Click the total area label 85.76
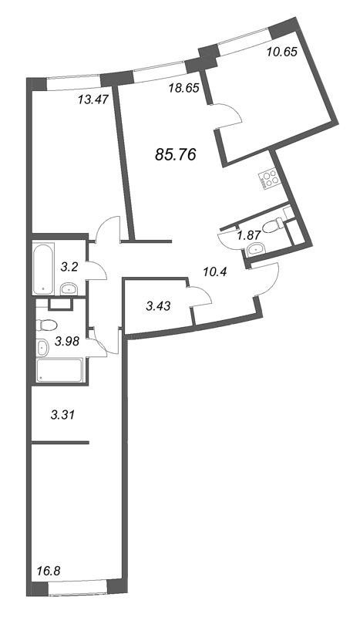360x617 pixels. click(x=176, y=155)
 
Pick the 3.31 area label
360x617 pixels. click(x=62, y=414)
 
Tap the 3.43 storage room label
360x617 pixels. click(x=158, y=305)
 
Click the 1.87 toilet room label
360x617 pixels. click(x=249, y=235)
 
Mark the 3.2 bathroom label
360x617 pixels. click(x=69, y=268)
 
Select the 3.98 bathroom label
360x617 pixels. click(x=67, y=341)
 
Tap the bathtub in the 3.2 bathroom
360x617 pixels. click(x=43, y=269)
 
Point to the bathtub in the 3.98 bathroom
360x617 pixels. click(x=59, y=370)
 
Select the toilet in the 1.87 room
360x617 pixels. click(x=274, y=226)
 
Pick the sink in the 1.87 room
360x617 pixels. click(x=256, y=248)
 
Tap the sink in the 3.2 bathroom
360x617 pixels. click(x=69, y=289)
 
